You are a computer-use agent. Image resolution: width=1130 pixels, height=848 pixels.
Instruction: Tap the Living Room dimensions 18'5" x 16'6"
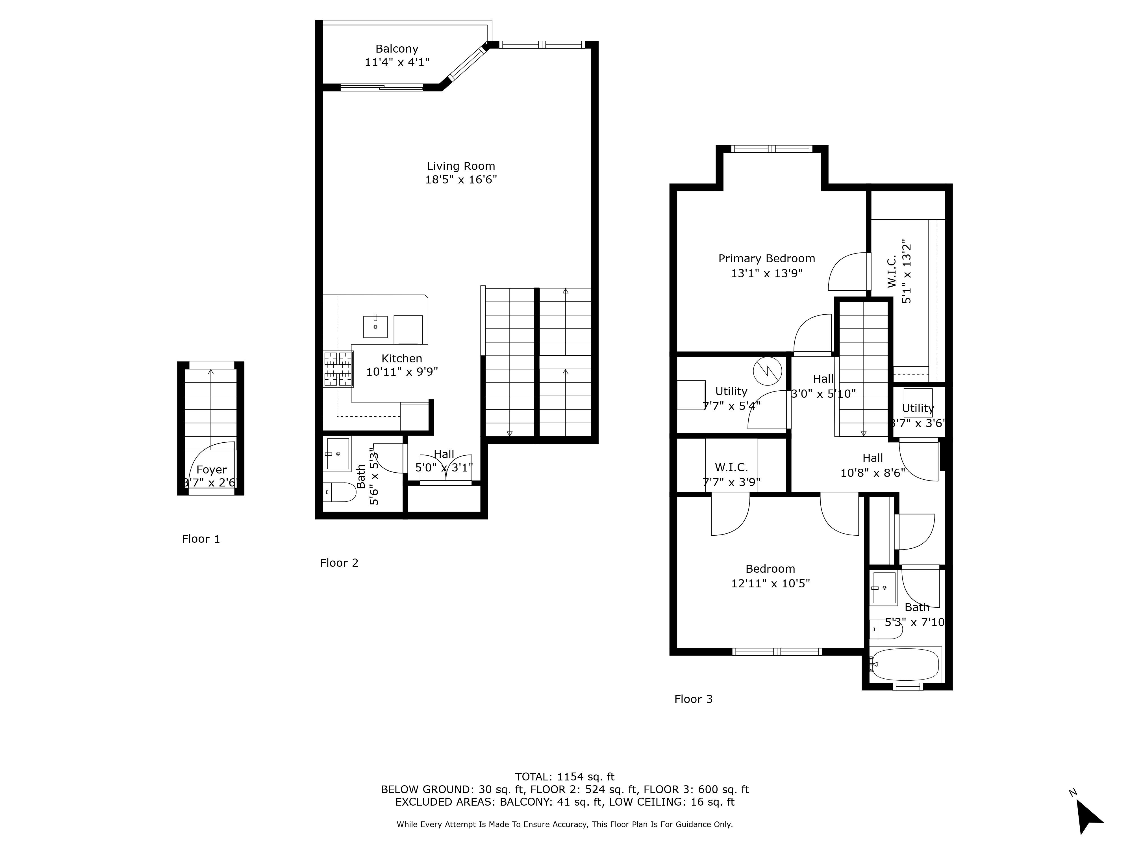click(461, 180)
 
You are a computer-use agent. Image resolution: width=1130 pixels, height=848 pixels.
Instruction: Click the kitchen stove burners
click(338, 369)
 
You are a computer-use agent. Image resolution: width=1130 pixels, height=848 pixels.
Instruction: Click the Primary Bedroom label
click(766, 259)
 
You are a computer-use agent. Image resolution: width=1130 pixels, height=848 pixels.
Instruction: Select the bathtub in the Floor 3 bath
click(905, 665)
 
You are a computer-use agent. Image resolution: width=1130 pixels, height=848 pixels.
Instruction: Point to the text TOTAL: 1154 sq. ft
click(564, 777)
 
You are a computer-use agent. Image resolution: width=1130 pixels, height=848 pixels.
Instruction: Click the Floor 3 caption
click(693, 699)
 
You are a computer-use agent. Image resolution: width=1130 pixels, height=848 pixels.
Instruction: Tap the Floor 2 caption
click(339, 563)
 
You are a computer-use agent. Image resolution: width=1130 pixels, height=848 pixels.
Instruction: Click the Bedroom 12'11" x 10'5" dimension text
click(770, 583)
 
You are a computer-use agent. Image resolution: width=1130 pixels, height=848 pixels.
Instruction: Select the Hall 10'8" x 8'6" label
click(873, 466)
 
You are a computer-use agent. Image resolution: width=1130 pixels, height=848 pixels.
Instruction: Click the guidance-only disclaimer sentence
click(564, 825)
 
